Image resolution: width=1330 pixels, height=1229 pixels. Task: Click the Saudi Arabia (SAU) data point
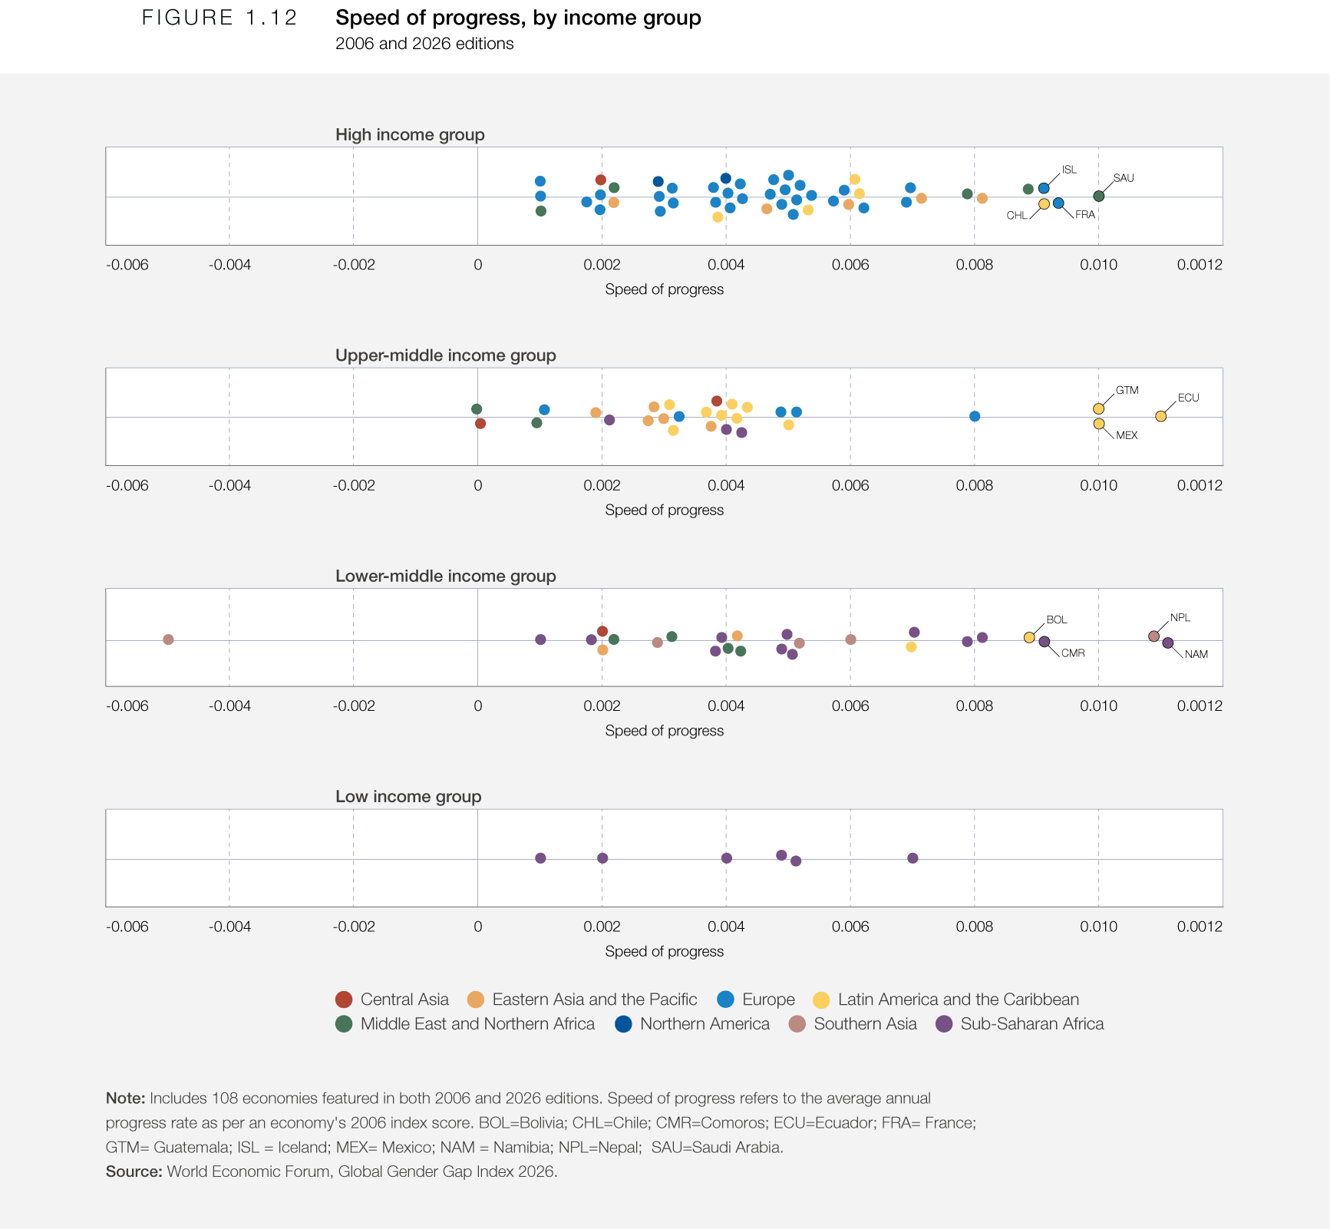pyautogui.click(x=1098, y=196)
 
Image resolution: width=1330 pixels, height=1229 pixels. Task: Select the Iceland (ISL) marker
pyautogui.click(x=1044, y=188)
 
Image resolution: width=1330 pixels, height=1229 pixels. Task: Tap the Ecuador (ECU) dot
pyautogui.click(x=1160, y=416)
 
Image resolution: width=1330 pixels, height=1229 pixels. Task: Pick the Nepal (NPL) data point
pyautogui.click(x=1153, y=636)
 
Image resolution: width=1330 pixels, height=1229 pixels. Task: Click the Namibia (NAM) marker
pyautogui.click(x=1167, y=643)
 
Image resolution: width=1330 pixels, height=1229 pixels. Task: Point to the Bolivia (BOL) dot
pyautogui.click(x=1029, y=637)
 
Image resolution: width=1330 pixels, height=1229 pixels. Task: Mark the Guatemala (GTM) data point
pyautogui.click(x=1098, y=408)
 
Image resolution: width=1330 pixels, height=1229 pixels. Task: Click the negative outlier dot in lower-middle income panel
pyautogui.click(x=168, y=639)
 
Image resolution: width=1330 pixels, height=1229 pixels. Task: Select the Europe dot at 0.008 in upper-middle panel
pyautogui.click(x=975, y=416)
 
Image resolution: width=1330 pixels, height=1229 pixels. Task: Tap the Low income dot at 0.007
pyautogui.click(x=913, y=858)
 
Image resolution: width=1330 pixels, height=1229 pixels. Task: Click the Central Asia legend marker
pyautogui.click(x=344, y=999)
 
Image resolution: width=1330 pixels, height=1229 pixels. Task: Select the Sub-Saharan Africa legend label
pyautogui.click(x=1032, y=1024)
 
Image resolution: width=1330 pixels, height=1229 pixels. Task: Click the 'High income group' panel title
pyautogui.click(x=410, y=135)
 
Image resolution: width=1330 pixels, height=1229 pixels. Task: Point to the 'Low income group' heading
pyautogui.click(x=408, y=797)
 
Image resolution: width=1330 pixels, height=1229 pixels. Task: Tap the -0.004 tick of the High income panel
pyautogui.click(x=229, y=266)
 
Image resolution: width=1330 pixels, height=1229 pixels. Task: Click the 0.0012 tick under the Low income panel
pyautogui.click(x=1200, y=927)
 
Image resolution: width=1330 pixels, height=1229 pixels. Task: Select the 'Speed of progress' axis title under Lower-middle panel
pyautogui.click(x=665, y=731)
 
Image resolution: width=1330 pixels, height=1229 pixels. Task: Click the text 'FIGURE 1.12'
pyautogui.click(x=219, y=18)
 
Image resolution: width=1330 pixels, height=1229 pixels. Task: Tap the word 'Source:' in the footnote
pyautogui.click(x=134, y=1171)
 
